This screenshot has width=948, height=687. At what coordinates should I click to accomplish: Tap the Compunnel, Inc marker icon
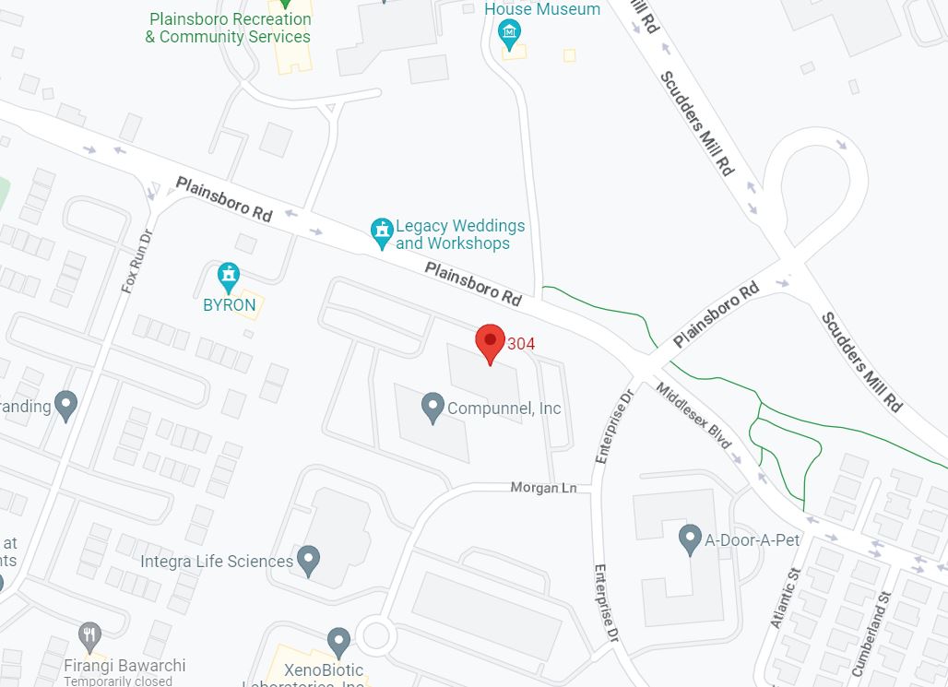[x=433, y=407]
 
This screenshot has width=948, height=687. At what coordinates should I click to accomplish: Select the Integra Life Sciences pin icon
[x=309, y=560]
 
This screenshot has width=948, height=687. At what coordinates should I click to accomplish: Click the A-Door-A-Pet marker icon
[x=690, y=539]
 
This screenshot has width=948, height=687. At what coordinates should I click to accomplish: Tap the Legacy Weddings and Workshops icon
[x=382, y=232]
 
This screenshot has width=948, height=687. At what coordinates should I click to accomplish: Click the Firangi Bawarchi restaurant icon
[x=89, y=635]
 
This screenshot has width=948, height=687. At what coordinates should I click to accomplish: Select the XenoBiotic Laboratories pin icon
[x=339, y=641]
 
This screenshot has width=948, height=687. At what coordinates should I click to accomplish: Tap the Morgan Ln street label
[x=543, y=487]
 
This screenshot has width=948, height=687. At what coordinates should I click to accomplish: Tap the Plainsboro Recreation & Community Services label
[x=229, y=28]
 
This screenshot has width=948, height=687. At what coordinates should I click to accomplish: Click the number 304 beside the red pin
[x=521, y=344]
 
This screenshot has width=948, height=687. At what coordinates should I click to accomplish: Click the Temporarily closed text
[x=117, y=681]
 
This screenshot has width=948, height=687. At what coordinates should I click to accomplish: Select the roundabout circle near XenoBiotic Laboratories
[x=376, y=634]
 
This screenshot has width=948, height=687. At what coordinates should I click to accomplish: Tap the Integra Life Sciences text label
[x=217, y=562]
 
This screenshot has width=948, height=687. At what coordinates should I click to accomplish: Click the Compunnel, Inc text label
[x=504, y=409]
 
